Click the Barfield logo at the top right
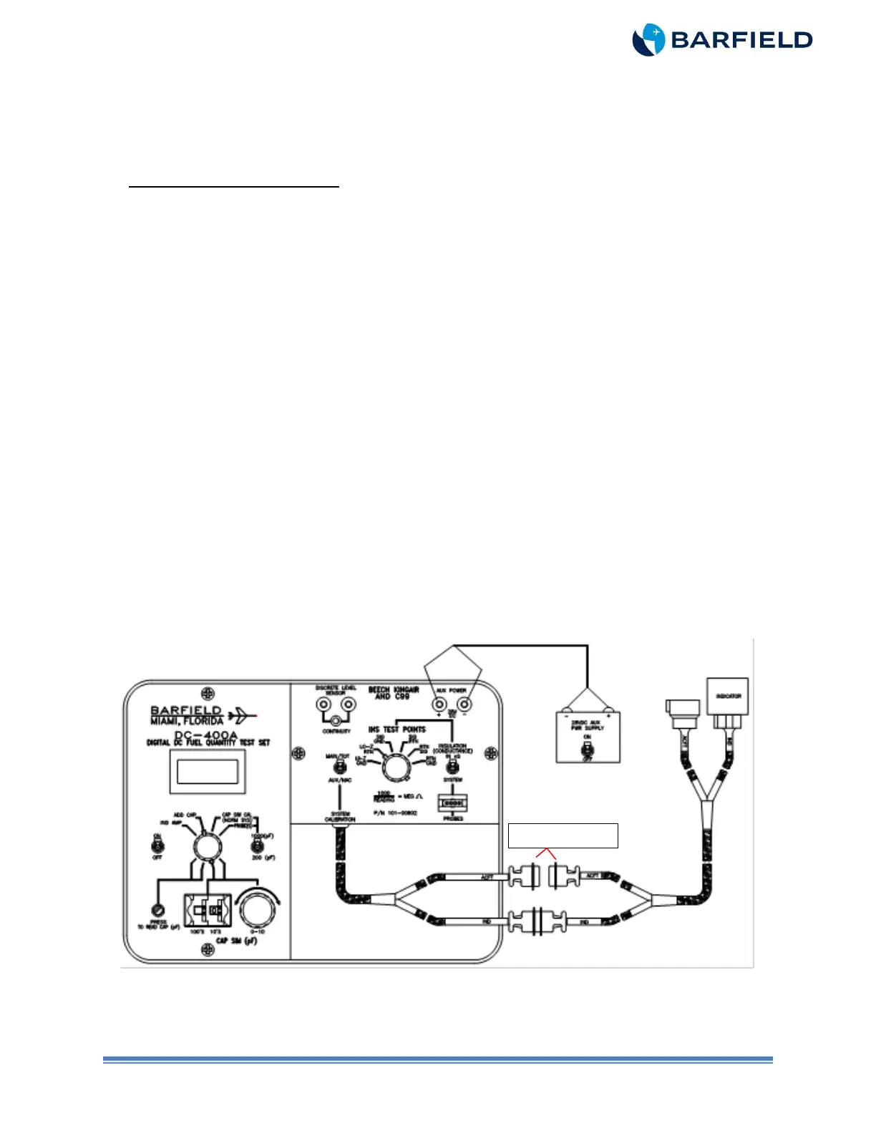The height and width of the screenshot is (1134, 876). pyautogui.click(x=721, y=39)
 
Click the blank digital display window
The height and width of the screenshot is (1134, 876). pyautogui.click(x=208, y=772)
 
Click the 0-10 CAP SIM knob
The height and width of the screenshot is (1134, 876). pyautogui.click(x=257, y=909)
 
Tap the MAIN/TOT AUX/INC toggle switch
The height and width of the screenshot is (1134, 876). pyautogui.click(x=340, y=767)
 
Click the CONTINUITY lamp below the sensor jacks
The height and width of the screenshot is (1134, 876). pyautogui.click(x=336, y=720)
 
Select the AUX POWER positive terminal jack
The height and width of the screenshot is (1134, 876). pyautogui.click(x=439, y=705)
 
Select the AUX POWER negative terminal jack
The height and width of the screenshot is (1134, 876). pyautogui.click(x=464, y=705)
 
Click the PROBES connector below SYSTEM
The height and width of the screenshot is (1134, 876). pyautogui.click(x=452, y=804)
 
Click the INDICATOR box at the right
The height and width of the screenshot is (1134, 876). pyautogui.click(x=727, y=696)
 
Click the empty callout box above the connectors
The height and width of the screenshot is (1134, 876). pyautogui.click(x=563, y=835)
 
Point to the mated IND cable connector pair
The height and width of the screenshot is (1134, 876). pyautogui.click(x=537, y=921)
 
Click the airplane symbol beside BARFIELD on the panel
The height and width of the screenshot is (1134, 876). pyautogui.click(x=242, y=714)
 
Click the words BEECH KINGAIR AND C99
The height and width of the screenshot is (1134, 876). pyautogui.click(x=394, y=692)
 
